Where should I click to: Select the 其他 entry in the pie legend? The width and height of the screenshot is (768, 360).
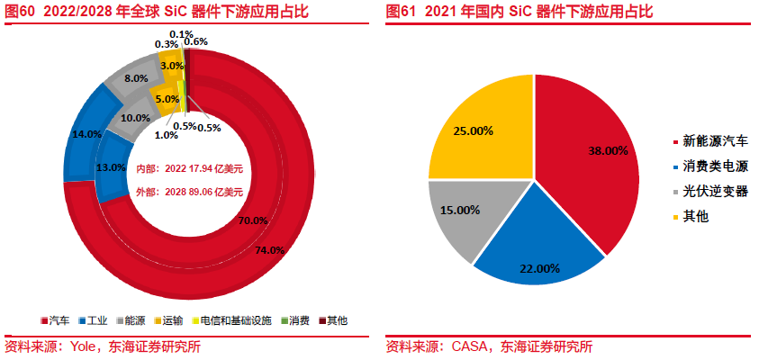coord(696,217)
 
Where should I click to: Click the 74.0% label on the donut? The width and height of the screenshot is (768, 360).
coord(270,249)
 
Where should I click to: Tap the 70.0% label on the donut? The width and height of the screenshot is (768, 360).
coord(253,220)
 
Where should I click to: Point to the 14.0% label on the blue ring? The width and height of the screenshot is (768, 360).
coord(86,133)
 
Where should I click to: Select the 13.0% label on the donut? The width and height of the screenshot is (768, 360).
coord(110,167)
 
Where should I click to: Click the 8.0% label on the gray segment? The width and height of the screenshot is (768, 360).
coord(136,78)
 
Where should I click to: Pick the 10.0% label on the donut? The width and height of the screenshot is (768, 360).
coord(135,118)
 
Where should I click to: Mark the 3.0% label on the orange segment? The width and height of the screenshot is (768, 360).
coord(172,66)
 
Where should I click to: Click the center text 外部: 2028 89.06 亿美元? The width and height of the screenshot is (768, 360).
coord(190,192)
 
